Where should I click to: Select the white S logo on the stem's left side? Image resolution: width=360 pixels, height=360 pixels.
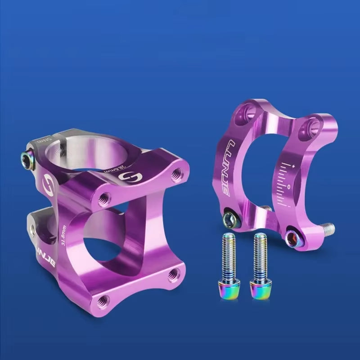pos(46,182)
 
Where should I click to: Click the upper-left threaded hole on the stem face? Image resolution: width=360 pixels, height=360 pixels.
pos(104,197)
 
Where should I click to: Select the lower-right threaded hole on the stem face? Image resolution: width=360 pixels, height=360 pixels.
pos(173,273)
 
